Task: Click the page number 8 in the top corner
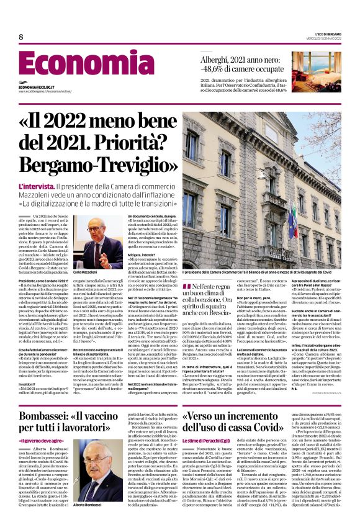(20, 37)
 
